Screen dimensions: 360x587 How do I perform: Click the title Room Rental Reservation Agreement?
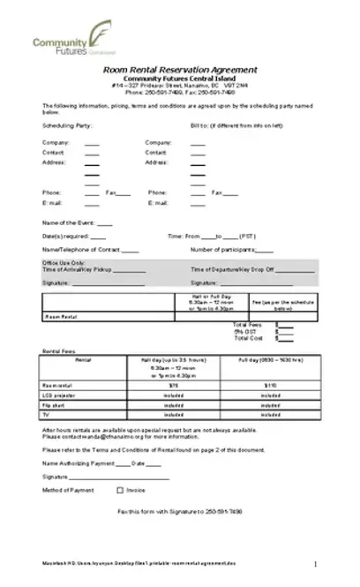[x=179, y=69]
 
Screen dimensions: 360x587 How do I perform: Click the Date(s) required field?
[x=98, y=237]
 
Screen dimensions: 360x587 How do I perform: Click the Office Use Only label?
[x=64, y=263]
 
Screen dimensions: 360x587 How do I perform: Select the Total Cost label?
[x=243, y=338]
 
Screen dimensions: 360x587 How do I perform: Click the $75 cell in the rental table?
[x=173, y=386]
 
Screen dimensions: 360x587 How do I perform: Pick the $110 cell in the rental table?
[x=270, y=386]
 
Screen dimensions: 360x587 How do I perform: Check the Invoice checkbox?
[x=119, y=489]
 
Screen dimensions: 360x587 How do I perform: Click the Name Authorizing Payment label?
[x=78, y=463]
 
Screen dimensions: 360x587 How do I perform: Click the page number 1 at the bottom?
[x=315, y=562]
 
